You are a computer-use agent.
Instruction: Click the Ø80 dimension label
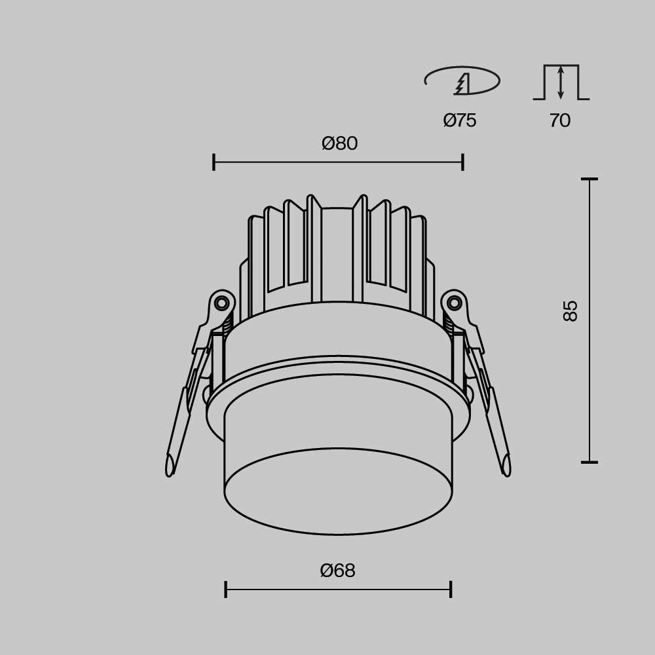[339, 143]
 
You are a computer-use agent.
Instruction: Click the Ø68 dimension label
[337, 571]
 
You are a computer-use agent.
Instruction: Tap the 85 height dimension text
[571, 310]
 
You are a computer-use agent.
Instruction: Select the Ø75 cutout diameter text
[459, 121]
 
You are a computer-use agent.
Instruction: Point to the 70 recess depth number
[560, 121]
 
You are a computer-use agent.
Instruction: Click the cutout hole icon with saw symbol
[462, 81]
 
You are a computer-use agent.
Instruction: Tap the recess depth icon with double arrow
[561, 83]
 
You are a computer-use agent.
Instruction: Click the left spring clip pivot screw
[222, 303]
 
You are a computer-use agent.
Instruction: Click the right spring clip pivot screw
[454, 303]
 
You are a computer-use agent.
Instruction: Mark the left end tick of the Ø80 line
[214, 162]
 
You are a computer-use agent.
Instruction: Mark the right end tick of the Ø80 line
[462, 162]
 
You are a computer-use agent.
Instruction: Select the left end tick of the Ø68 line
[225, 589]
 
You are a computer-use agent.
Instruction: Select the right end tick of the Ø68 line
[451, 589]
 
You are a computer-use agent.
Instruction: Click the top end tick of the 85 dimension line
[589, 179]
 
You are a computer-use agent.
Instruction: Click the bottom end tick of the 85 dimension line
[589, 462]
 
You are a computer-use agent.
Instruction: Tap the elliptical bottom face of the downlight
[338, 491]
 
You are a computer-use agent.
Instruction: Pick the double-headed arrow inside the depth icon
[561, 83]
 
